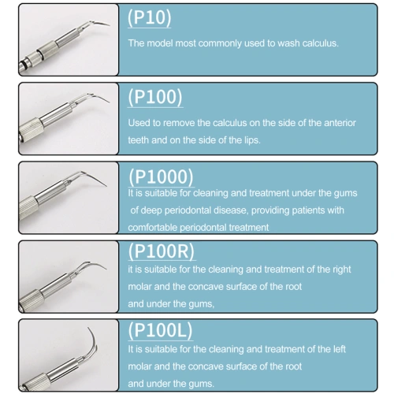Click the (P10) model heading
tap(150, 17)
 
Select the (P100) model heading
tap(155, 97)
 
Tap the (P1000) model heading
tap(161, 177)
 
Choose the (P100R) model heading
tap(162, 251)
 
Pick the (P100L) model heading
tap(160, 330)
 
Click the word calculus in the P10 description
tap(320, 43)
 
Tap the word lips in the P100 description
tap(252, 140)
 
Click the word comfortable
tap(152, 228)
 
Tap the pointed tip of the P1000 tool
tap(106, 186)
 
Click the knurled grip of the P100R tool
tap(30, 299)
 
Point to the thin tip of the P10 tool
tap(110, 25)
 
